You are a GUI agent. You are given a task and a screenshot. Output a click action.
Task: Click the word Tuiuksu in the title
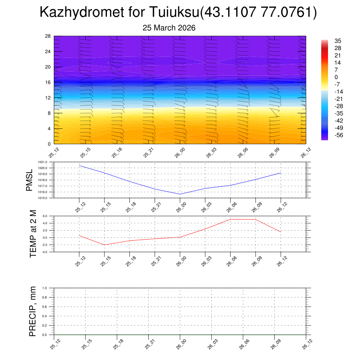coord(174,12)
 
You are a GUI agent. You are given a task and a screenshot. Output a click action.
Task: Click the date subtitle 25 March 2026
coord(169,28)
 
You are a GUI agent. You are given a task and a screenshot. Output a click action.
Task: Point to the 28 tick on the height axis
coord(48,36)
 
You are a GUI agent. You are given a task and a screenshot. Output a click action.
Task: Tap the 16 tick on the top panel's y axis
coord(48,82)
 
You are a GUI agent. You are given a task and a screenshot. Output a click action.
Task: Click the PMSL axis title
coord(29,180)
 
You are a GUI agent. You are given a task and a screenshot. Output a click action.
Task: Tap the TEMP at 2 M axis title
coord(33,234)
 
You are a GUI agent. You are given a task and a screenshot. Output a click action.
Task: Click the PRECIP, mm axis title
coord(33,311)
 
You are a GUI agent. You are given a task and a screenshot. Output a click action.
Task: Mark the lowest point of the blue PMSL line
coord(180,194)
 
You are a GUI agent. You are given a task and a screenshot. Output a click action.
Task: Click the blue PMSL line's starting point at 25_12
coord(79,165)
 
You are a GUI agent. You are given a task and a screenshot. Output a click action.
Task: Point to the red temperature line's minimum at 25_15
coord(104,245)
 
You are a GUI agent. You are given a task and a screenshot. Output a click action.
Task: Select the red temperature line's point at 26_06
coord(230,219)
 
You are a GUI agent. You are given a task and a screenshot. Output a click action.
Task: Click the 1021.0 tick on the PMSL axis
coord(47,162)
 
